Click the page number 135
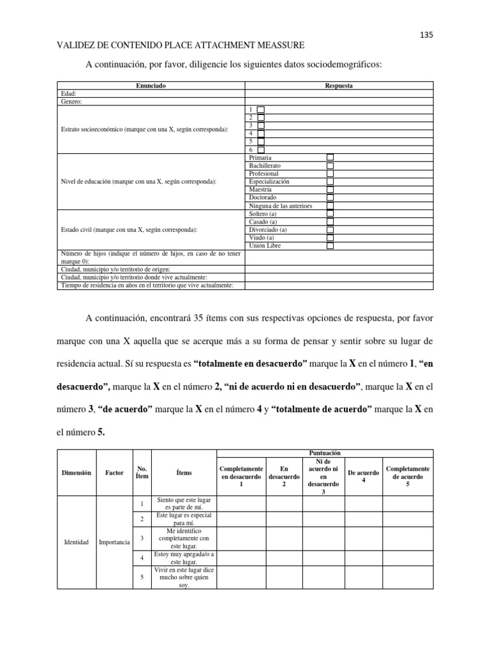pyautogui.click(x=427, y=35)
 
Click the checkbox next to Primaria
pyautogui.click(x=330, y=157)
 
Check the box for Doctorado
pyautogui.click(x=330, y=198)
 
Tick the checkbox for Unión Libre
pyautogui.click(x=330, y=246)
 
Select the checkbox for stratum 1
pyautogui.click(x=260, y=110)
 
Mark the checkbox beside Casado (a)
pyautogui.click(x=330, y=222)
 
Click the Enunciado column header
pyautogui.click(x=151, y=85)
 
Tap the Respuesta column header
pyautogui.click(x=339, y=85)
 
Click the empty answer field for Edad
pyautogui.click(x=339, y=93)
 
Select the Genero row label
pyautogui.click(x=72, y=102)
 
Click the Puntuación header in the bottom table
pyautogui.click(x=324, y=453)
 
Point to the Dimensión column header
pyautogui.click(x=77, y=473)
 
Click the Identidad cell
pyautogui.click(x=77, y=542)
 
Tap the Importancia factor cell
pyautogui.click(x=114, y=542)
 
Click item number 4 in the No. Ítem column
pyautogui.click(x=142, y=558)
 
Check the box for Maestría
pyautogui.click(x=330, y=190)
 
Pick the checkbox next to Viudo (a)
pyautogui.click(x=330, y=238)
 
